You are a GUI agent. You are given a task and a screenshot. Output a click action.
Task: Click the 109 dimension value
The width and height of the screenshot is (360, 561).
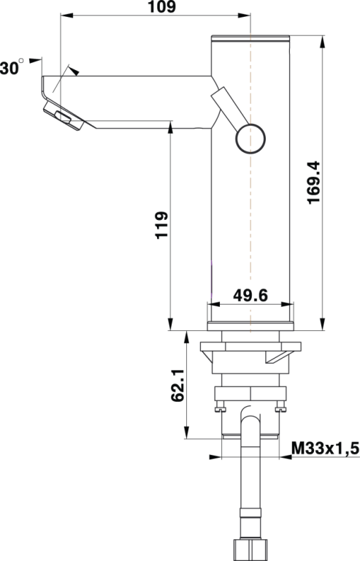coord(161,7)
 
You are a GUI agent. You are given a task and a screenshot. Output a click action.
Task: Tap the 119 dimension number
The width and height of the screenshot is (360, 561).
coord(161,226)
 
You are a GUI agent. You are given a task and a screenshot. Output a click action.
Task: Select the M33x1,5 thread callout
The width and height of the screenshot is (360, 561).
coord(325,448)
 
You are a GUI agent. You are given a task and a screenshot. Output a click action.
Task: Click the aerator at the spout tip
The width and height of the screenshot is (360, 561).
coord(62,116)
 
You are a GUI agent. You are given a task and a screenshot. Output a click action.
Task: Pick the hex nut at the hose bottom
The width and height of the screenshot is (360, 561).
coord(250,547)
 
